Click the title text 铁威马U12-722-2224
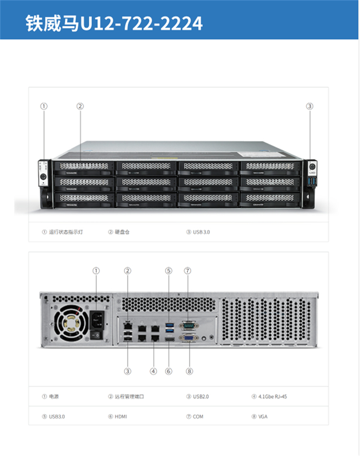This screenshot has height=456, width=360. [113, 23]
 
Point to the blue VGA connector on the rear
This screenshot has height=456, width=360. [187, 339]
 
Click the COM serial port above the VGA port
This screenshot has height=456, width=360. [187, 325]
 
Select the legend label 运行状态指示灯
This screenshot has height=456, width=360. [66, 232]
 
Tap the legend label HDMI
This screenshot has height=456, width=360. [121, 417]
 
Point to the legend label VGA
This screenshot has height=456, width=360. [263, 417]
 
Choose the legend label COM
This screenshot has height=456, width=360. [198, 417]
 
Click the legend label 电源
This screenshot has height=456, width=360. [54, 397]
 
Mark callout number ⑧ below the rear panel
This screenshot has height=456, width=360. [189, 371]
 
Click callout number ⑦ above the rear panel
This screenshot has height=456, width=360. [188, 271]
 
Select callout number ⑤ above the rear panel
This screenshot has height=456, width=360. [169, 271]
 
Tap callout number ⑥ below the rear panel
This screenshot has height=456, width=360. [169, 371]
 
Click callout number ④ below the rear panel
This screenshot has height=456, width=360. [153, 371]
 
